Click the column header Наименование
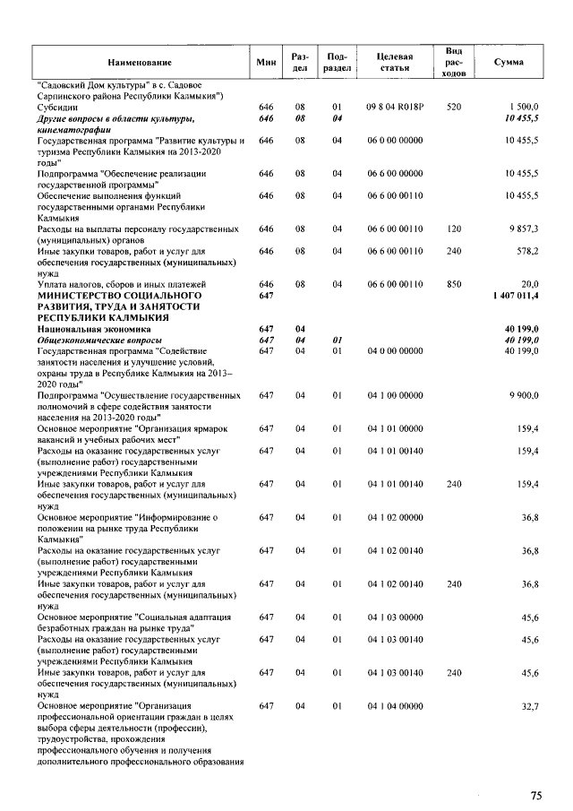pos(140,62)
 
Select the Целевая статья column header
pos(395,62)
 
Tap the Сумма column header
pos(509,62)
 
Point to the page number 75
pos(536,795)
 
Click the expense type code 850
pos(453,284)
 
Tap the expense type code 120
pos(453,229)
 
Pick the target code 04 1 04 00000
pos(395,707)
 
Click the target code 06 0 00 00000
pos(395,141)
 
